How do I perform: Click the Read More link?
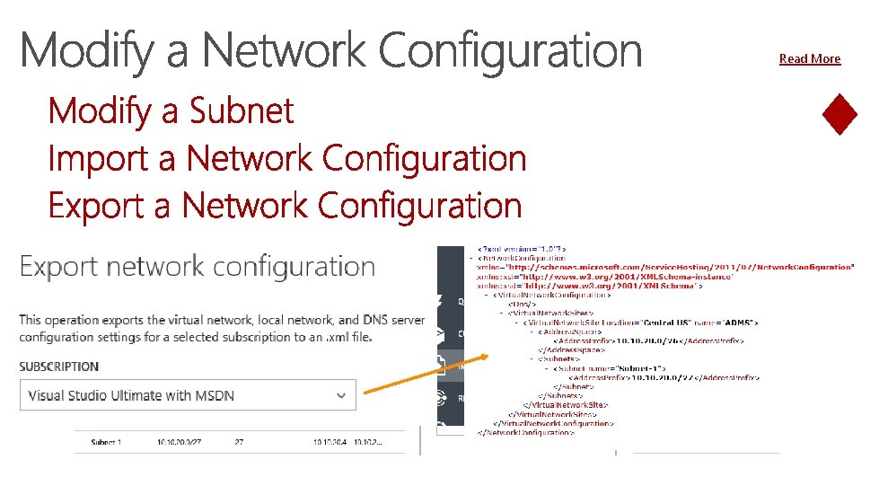click(x=810, y=58)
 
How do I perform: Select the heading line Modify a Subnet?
click(x=171, y=111)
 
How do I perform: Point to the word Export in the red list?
click(x=96, y=206)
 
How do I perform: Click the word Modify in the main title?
click(x=86, y=51)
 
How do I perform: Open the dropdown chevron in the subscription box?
click(x=341, y=394)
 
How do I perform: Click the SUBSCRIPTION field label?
click(x=58, y=367)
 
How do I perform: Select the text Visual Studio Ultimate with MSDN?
click(x=131, y=395)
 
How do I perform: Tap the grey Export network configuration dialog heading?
click(x=198, y=267)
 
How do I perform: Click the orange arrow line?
click(x=422, y=374)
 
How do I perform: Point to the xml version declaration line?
click(x=521, y=248)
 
